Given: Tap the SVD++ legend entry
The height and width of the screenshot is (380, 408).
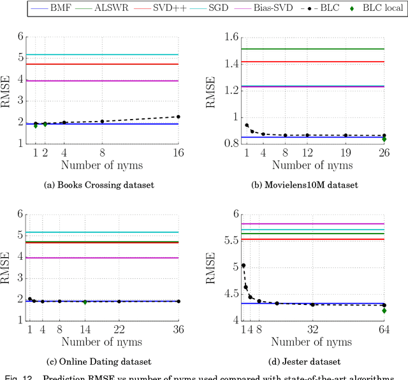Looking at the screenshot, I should pyautogui.click(x=162, y=8).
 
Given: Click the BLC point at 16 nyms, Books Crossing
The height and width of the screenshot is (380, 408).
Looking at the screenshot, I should pyautogui.click(x=178, y=116).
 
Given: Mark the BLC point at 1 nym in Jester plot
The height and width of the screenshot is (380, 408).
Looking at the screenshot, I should pyautogui.click(x=243, y=265).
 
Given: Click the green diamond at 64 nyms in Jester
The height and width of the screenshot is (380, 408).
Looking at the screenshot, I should pyautogui.click(x=384, y=311).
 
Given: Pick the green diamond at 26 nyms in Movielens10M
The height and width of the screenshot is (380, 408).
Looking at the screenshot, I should pyautogui.click(x=384, y=139).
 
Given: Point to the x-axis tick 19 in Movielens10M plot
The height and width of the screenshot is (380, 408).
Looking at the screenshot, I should pyautogui.click(x=346, y=153).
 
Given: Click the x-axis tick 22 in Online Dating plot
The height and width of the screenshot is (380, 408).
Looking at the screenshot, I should pyautogui.click(x=119, y=329).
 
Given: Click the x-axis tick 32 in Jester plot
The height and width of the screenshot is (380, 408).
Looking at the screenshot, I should pyautogui.click(x=313, y=329).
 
